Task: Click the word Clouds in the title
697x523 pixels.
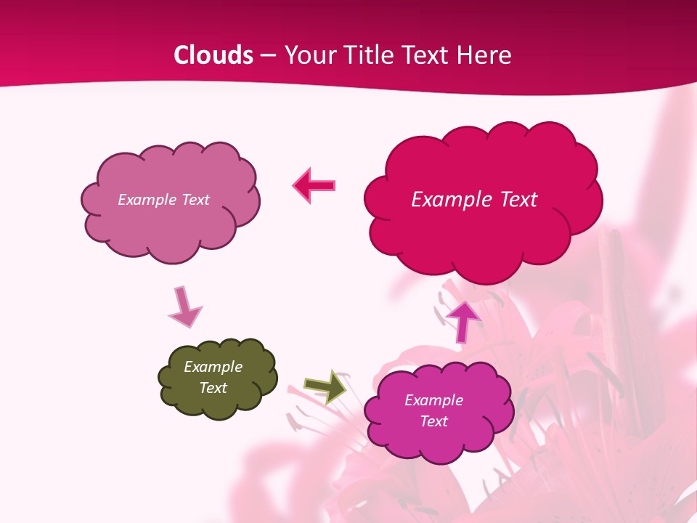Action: (x=213, y=55)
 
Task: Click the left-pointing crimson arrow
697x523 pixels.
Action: (x=314, y=185)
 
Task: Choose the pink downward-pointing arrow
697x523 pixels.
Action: (x=184, y=307)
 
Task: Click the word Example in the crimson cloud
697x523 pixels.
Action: (x=444, y=200)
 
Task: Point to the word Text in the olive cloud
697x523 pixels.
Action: (x=213, y=388)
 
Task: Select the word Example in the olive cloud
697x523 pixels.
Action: (x=213, y=367)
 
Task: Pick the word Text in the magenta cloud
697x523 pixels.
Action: (x=433, y=421)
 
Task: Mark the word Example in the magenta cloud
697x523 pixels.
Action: (x=433, y=400)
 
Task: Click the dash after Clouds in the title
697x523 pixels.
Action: (x=266, y=56)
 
